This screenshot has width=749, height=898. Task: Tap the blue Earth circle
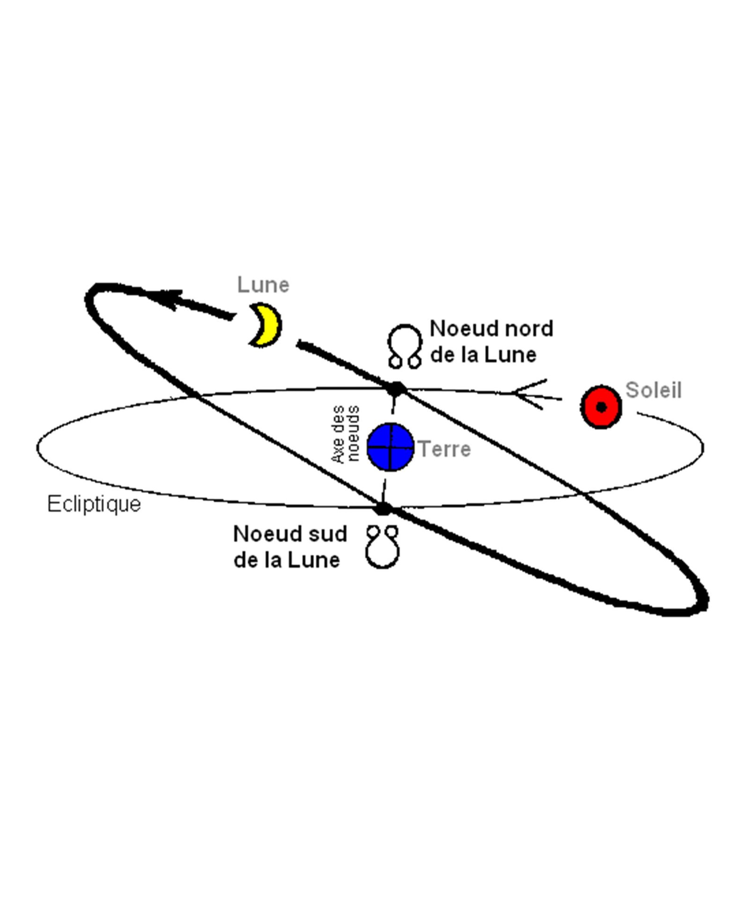[x=390, y=447]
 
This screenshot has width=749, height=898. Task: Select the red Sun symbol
[x=601, y=407]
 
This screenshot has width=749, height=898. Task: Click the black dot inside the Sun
[x=602, y=407]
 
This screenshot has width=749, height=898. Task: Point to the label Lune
[x=263, y=285]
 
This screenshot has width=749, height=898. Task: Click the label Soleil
[x=653, y=390]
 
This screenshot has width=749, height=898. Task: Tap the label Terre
[x=444, y=449]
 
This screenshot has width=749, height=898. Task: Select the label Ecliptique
[x=94, y=504]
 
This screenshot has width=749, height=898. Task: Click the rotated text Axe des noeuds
[x=345, y=434]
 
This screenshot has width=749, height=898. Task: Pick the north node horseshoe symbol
[x=404, y=346]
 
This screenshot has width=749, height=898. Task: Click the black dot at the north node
[x=397, y=388]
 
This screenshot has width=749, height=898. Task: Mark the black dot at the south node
[x=383, y=508]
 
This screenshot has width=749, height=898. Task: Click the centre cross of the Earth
[x=390, y=447]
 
